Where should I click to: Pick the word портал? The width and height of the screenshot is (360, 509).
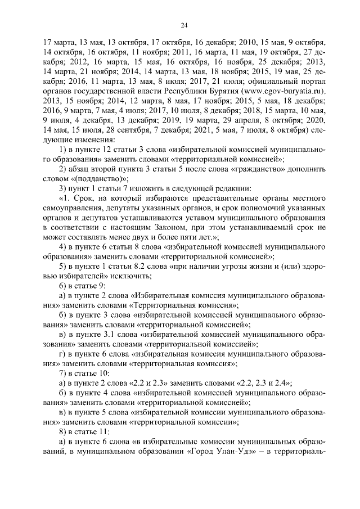(313, 81)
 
